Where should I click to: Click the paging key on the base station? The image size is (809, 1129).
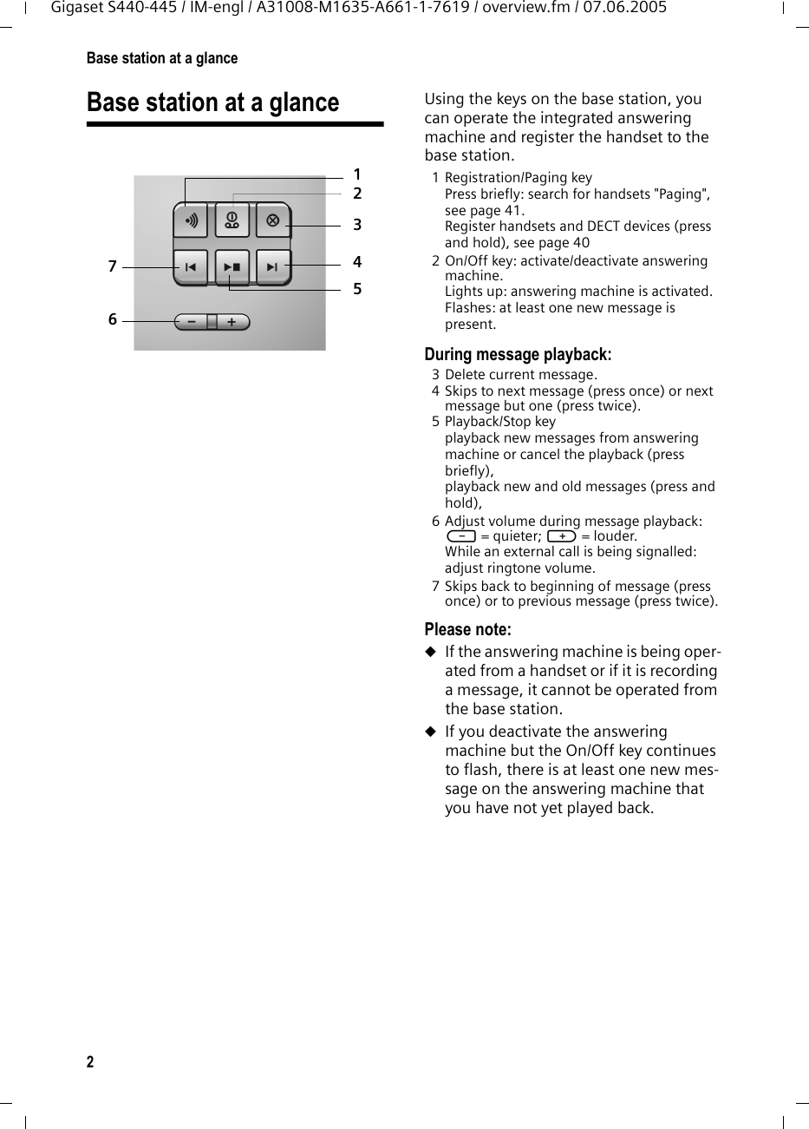[191, 220]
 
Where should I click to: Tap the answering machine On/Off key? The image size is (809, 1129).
[232, 220]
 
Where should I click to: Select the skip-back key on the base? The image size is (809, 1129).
[191, 267]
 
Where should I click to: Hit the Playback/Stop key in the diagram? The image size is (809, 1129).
[232, 267]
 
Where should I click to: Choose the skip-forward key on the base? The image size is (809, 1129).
[272, 267]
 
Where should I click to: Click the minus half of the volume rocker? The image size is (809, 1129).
[191, 322]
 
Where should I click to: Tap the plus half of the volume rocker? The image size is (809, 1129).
[232, 322]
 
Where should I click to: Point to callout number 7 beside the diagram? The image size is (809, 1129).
[112, 267]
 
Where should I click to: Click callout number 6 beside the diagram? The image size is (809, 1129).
[112, 320]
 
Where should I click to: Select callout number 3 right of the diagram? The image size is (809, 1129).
[356, 226]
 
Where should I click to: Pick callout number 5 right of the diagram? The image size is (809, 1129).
[356, 288]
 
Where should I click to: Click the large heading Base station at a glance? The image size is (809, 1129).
[212, 102]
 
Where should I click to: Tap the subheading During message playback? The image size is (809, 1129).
[518, 355]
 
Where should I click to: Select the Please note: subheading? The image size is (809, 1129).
[467, 629]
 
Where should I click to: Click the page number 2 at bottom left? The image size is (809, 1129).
[90, 1063]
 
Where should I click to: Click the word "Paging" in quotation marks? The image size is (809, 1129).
[681, 194]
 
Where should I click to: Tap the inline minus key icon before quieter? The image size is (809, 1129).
[460, 536]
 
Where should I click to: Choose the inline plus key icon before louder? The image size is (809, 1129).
[562, 536]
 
